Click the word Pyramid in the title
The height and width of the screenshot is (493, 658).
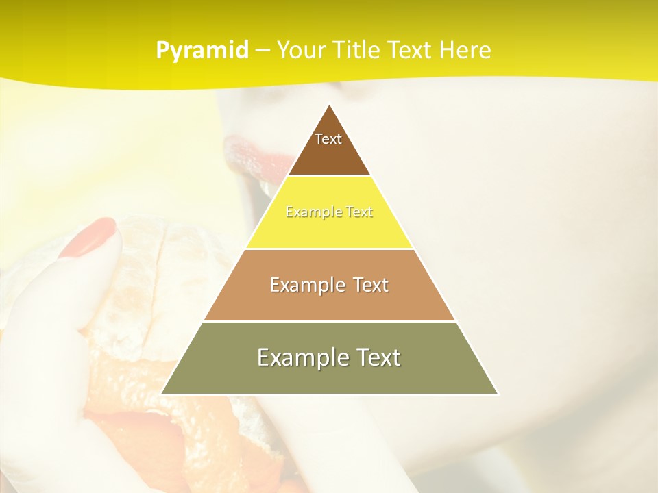[202, 50]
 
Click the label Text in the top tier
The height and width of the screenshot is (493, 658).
[328, 139]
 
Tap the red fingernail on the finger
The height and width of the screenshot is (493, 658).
[89, 237]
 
